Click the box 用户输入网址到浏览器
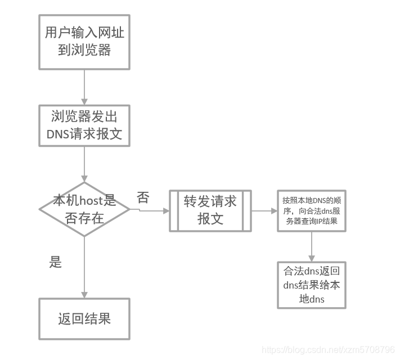point(84,40)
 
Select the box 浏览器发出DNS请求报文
point(84,125)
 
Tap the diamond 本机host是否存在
point(84,209)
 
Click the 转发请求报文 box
point(210,210)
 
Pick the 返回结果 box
point(84,319)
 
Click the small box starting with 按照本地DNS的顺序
point(311,210)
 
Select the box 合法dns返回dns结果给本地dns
point(311,285)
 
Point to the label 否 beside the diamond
point(143,197)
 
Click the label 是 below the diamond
point(56,262)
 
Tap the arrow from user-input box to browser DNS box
point(84,87)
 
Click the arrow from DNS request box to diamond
point(84,164)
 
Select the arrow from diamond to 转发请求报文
point(150,211)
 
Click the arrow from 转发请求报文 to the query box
point(264,211)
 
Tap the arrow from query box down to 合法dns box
point(311,246)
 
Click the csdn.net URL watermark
point(329,350)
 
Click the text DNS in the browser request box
point(57,134)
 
